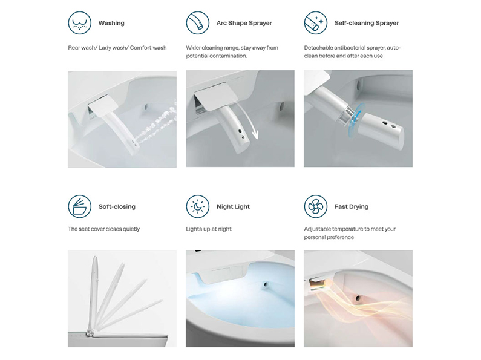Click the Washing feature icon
79,23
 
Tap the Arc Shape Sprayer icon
198,23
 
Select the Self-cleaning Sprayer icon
316,23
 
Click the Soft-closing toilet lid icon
79,206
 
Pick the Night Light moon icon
198,206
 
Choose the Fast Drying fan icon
316,206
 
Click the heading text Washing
111,23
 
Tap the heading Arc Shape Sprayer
244,23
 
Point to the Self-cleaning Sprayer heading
367,23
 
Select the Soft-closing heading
117,207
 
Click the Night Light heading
233,207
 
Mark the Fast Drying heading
352,207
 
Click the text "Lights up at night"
209,229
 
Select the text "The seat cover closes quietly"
103,229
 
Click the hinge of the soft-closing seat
90,332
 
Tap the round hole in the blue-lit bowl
266,284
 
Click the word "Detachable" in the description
318,48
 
